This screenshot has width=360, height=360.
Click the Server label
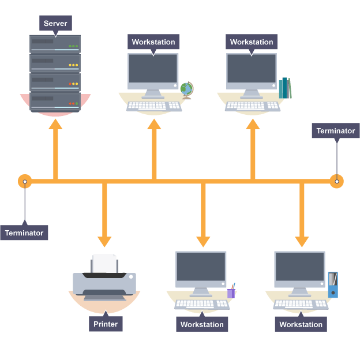pos(55,24)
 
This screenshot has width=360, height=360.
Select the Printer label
pos(105,324)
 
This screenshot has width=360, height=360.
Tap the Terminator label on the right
pos(335,131)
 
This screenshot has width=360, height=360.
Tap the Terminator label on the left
pos(24,233)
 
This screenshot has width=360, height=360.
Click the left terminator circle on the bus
pos(25,182)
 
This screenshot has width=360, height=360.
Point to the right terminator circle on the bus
pos(336,181)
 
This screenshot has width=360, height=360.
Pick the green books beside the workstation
pos(285,88)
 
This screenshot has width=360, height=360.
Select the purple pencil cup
pos(231,292)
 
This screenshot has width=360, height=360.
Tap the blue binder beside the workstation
pos(332,285)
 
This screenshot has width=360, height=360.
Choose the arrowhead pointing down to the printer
pos(104,241)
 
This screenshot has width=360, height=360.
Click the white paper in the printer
pos(104,263)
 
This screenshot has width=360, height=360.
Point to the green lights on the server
pos(73,46)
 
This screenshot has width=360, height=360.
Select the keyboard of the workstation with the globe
pos(154,106)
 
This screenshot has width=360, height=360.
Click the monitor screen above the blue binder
pos(299,266)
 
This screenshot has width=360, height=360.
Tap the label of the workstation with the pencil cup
pos(202,324)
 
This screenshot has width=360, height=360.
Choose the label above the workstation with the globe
pos(153,42)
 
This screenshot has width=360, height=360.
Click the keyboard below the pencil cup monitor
pos(202,304)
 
